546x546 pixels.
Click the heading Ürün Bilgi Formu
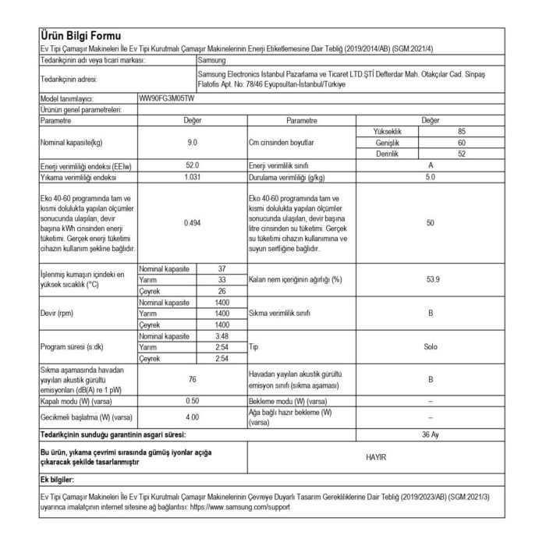(x=80, y=37)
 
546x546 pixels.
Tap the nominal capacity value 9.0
(x=192, y=144)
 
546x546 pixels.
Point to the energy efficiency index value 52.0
(x=192, y=166)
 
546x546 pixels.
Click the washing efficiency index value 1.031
(x=192, y=177)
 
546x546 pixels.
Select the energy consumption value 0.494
(x=192, y=223)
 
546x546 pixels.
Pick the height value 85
(x=462, y=133)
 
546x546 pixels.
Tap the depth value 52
(x=462, y=154)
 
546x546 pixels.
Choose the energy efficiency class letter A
(x=431, y=166)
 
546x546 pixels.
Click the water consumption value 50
(x=431, y=223)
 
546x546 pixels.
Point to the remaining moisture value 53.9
(x=431, y=279)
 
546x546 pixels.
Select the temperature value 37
(x=222, y=268)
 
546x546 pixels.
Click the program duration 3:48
(x=222, y=335)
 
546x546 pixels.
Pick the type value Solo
(x=431, y=346)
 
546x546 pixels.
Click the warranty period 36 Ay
(x=431, y=434)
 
